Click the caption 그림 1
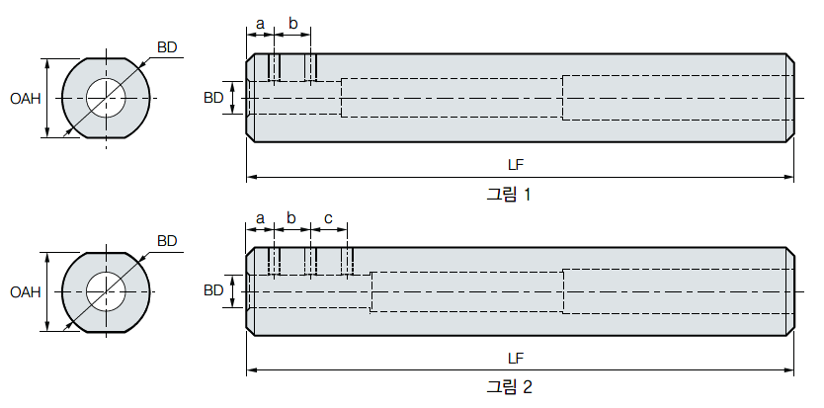[509, 195]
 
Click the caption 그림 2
[509, 387]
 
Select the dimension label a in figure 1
[260, 23]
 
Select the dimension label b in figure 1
[292, 23]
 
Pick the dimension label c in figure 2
[328, 216]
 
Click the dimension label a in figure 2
[260, 216]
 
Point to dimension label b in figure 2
[291, 216]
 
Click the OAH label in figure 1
[25, 98]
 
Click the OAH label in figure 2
[25, 291]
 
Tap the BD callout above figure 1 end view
[167, 46]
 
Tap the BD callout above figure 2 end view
[167, 240]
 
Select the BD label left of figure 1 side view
[213, 98]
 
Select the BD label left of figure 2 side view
[213, 290]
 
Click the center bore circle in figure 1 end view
[106, 98]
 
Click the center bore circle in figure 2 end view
[106, 291]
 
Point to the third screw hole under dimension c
[348, 262]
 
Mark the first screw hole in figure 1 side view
[275, 67]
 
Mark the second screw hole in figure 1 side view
[311, 67]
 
